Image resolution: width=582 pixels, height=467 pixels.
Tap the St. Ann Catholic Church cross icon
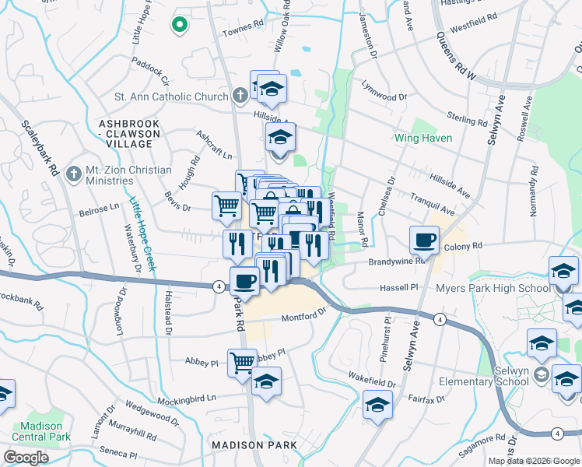click(241, 97)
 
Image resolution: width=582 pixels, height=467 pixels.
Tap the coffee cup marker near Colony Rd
click(425, 239)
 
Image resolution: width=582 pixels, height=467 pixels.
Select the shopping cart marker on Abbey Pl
click(242, 362)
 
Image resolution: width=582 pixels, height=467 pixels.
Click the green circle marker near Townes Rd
click(180, 25)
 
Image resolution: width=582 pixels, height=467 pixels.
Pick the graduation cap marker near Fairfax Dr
click(377, 406)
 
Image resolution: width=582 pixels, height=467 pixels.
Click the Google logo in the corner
click(25, 458)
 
